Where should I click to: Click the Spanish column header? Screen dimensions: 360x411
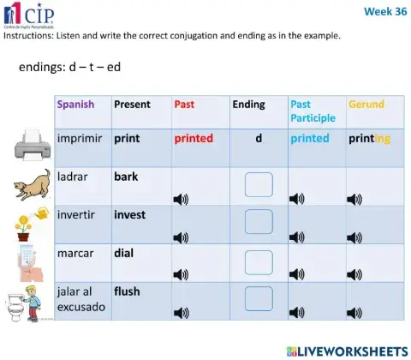pyautogui.click(x=76, y=105)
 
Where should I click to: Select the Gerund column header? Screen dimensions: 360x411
pyautogui.click(x=366, y=105)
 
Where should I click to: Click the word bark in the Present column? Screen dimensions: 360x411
pyautogui.click(x=126, y=177)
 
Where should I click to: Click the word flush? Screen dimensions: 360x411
pyautogui.click(x=127, y=291)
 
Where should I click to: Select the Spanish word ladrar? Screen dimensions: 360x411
pyautogui.click(x=74, y=177)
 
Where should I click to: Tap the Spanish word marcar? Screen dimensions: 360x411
pyautogui.click(x=76, y=254)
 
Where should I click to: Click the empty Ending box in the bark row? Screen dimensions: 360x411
pyautogui.click(x=258, y=185)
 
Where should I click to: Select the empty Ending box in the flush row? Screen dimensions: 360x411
pyautogui.click(x=258, y=297)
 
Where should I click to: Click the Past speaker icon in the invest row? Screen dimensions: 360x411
pyautogui.click(x=181, y=237)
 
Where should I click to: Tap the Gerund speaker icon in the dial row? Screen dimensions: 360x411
pyautogui.click(x=354, y=275)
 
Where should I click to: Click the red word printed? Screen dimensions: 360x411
pyautogui.click(x=194, y=138)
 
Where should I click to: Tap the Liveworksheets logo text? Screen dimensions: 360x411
pyautogui.click(x=349, y=351)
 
